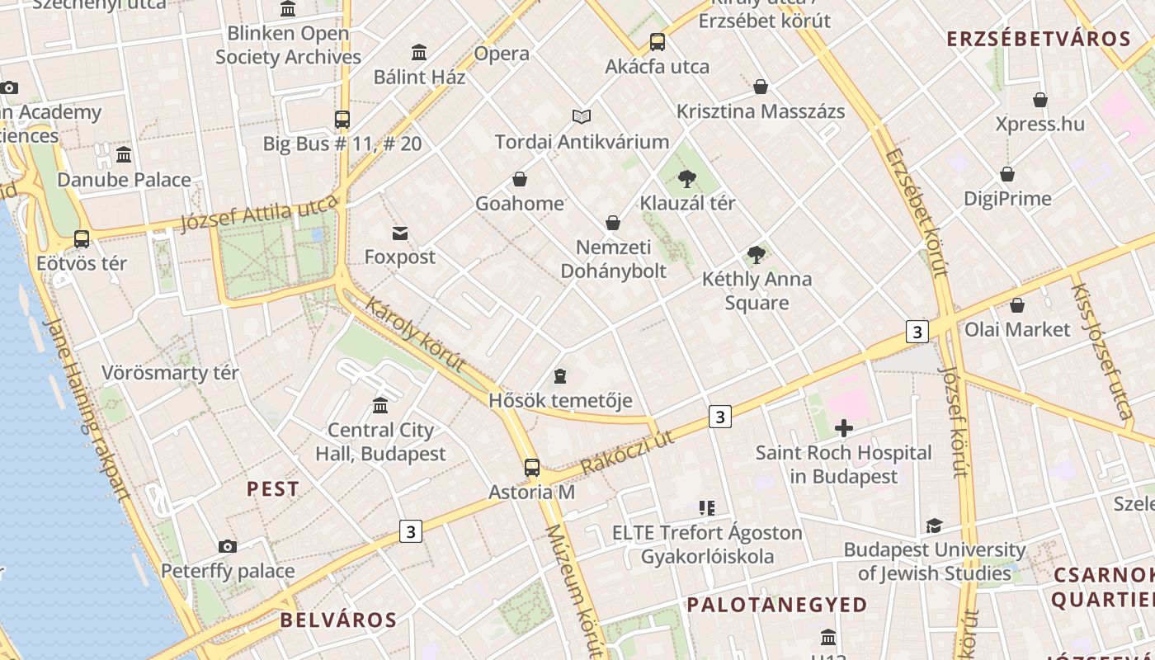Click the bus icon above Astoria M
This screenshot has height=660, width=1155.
pyautogui.click(x=532, y=468)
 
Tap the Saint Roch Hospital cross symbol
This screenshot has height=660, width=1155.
pyautogui.click(x=843, y=428)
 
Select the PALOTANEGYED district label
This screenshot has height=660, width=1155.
pyautogui.click(x=777, y=605)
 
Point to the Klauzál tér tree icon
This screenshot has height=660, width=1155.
pyautogui.click(x=686, y=179)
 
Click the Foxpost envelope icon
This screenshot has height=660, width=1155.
pyautogui.click(x=400, y=233)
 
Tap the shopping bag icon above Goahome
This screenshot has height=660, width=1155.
pyautogui.click(x=520, y=179)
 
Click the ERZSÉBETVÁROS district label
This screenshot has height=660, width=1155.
pyautogui.click(x=1038, y=39)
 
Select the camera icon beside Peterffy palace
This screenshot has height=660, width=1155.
pyautogui.click(x=228, y=546)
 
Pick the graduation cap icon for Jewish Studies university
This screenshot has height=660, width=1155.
pyautogui.click(x=934, y=526)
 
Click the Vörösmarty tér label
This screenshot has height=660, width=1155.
pyautogui.click(x=170, y=372)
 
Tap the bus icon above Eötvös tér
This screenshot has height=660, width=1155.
pyautogui.click(x=82, y=239)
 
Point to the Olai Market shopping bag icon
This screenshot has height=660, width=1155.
pyautogui.click(x=1017, y=305)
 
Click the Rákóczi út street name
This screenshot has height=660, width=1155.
pyautogui.click(x=627, y=453)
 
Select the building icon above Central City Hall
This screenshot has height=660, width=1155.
pyautogui.click(x=380, y=406)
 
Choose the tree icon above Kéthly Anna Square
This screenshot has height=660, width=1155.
pyautogui.click(x=756, y=255)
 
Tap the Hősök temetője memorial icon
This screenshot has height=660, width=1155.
pyautogui.click(x=560, y=376)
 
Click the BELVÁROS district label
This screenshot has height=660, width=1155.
pyautogui.click(x=338, y=620)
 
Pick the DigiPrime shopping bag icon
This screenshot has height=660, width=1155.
pyautogui.click(x=1007, y=174)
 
